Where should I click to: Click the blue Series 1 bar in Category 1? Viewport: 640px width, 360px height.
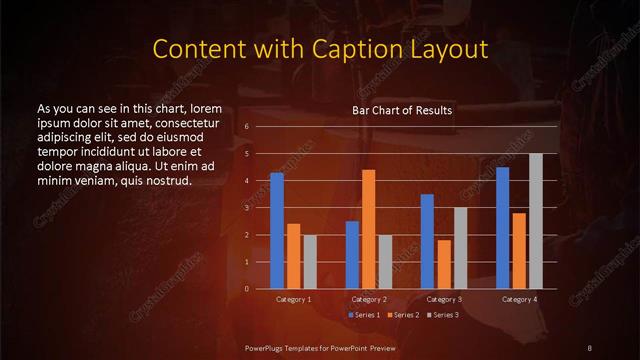pyautogui.click(x=277, y=231)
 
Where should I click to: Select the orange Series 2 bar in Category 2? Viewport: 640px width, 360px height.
pyautogui.click(x=368, y=229)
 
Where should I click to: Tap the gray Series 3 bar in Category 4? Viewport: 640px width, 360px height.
pyautogui.click(x=536, y=221)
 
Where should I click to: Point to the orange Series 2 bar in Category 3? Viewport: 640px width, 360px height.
pyautogui.click(x=444, y=264)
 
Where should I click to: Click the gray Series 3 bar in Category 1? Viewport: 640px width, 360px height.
pyautogui.click(x=310, y=262)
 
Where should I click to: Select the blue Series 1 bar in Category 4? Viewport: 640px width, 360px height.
pyautogui.click(x=502, y=228)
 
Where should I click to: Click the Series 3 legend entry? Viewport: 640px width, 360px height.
pyautogui.click(x=444, y=314)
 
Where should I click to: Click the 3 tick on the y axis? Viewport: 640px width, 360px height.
pyautogui.click(x=246, y=208)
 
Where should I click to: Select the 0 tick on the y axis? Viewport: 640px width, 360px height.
pyautogui.click(x=246, y=289)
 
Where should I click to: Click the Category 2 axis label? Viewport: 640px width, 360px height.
pyautogui.click(x=369, y=299)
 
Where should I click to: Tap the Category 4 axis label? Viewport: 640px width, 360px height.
pyautogui.click(x=519, y=299)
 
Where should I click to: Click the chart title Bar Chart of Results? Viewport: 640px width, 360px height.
pyautogui.click(x=401, y=110)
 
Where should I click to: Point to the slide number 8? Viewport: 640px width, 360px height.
pyautogui.click(x=589, y=347)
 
